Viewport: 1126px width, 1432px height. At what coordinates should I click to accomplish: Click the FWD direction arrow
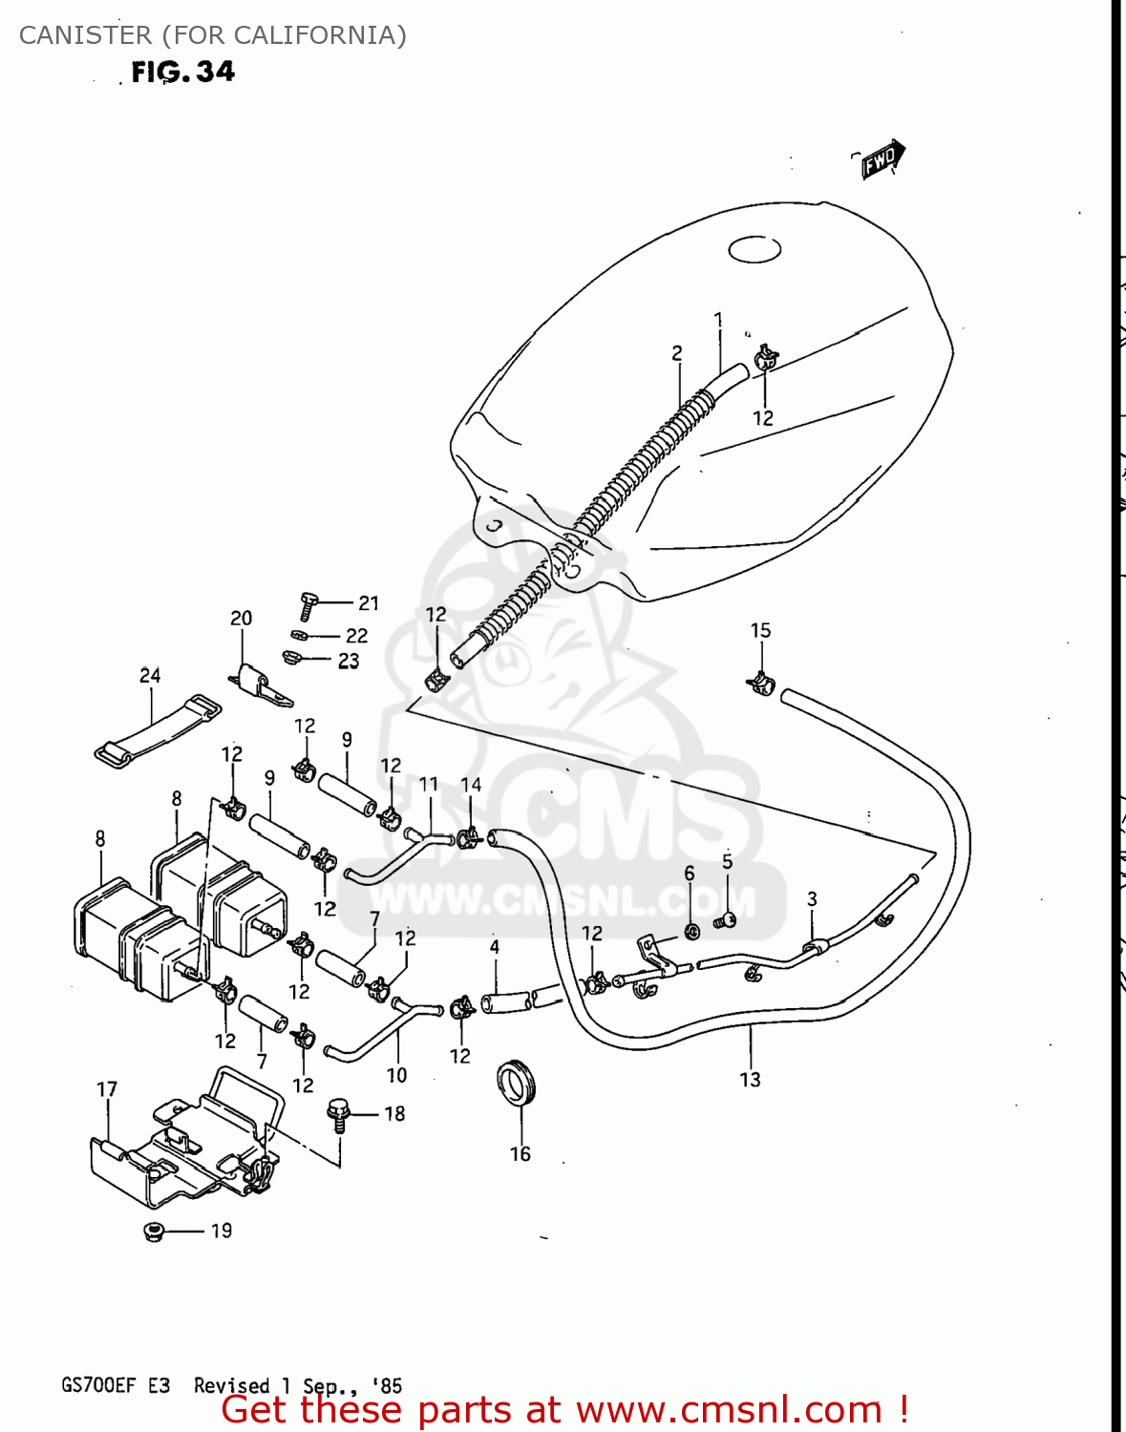881,159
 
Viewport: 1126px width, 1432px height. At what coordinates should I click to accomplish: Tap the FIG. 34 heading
182,73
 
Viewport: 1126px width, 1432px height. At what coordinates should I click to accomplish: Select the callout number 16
520,1154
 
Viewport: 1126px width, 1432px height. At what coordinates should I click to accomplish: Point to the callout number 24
150,676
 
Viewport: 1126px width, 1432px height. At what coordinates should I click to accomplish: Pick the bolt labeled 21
308,603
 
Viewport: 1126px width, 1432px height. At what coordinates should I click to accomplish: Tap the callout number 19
222,1231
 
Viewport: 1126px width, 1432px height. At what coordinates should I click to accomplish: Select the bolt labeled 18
337,1113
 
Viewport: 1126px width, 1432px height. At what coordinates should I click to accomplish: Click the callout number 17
107,1089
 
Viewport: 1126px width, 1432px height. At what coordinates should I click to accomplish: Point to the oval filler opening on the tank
754,249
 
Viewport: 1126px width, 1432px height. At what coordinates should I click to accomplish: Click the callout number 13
750,1080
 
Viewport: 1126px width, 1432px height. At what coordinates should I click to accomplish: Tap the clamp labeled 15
761,683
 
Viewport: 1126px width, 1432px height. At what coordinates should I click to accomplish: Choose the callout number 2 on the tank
677,353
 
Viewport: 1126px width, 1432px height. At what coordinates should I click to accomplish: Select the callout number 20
241,619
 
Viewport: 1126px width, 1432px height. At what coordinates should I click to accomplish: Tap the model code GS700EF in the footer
99,1385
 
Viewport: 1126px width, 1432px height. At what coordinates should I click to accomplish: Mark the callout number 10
396,1075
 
